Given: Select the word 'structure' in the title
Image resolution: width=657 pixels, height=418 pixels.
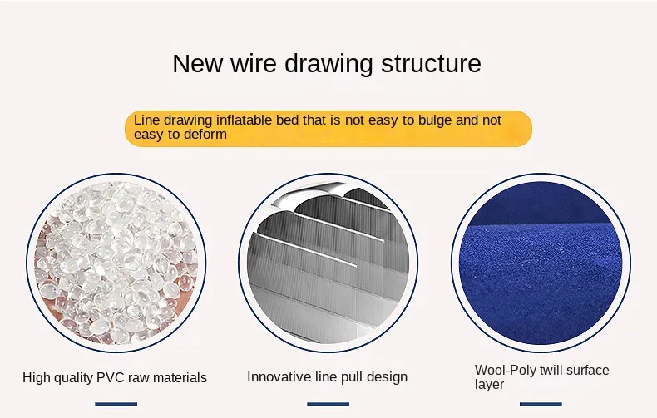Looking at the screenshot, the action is click(431, 64).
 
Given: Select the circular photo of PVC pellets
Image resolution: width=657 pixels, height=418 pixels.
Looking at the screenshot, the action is click(116, 263).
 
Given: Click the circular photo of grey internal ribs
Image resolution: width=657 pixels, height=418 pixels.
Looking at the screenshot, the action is click(328, 263).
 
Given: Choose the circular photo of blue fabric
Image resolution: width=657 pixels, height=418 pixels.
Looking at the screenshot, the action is click(541, 263).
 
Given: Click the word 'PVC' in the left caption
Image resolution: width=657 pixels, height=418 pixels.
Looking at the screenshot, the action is click(111, 378).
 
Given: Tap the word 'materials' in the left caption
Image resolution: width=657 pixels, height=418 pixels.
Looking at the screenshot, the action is click(180, 378).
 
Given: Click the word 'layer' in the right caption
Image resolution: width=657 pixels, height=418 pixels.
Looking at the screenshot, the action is click(489, 385).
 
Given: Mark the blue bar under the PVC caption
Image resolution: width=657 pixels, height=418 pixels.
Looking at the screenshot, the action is click(116, 404).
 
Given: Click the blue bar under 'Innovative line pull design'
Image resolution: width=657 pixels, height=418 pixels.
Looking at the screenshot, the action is click(328, 404).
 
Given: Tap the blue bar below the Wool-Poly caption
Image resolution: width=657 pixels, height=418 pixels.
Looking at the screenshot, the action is click(541, 404).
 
